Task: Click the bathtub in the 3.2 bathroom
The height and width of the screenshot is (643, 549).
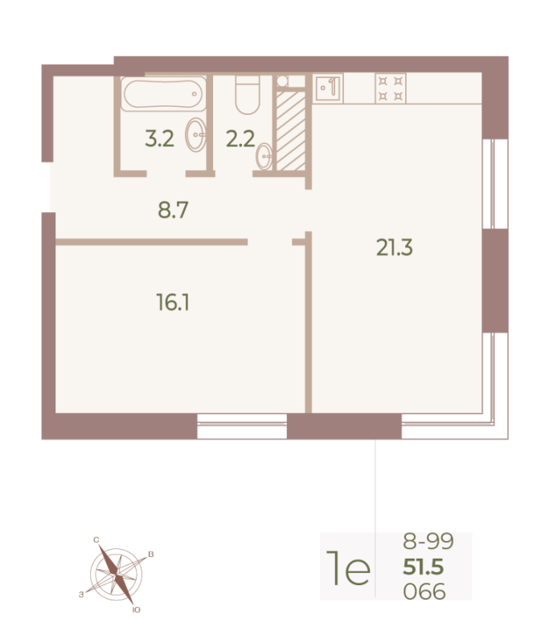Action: [163, 94]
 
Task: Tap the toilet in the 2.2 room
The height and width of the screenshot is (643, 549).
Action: [248, 95]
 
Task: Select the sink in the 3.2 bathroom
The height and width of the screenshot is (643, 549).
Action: [195, 134]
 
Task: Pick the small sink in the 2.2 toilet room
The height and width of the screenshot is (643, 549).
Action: [264, 156]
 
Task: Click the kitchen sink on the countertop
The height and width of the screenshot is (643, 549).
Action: [328, 88]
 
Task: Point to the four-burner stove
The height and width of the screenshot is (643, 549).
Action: [391, 88]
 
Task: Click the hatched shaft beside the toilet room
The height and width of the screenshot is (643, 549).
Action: [291, 131]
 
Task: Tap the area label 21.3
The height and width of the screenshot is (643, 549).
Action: [395, 248]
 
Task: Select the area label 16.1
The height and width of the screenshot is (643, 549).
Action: [173, 303]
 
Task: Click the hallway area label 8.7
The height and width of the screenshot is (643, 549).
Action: [173, 210]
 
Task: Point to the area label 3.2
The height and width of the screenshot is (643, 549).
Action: [159, 138]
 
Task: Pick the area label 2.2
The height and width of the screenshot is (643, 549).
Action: [240, 139]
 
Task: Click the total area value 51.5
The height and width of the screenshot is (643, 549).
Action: [423, 567]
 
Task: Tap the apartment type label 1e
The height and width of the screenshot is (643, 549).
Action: [348, 568]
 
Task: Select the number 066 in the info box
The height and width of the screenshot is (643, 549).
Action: [424, 592]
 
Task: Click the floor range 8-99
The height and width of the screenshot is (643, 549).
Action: [428, 541]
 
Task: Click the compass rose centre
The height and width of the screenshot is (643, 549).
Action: [117, 574]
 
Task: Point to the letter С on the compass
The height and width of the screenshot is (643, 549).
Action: [96, 539]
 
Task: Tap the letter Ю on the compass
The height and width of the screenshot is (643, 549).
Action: [137, 610]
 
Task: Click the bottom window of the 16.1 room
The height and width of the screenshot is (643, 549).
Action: [242, 426]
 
